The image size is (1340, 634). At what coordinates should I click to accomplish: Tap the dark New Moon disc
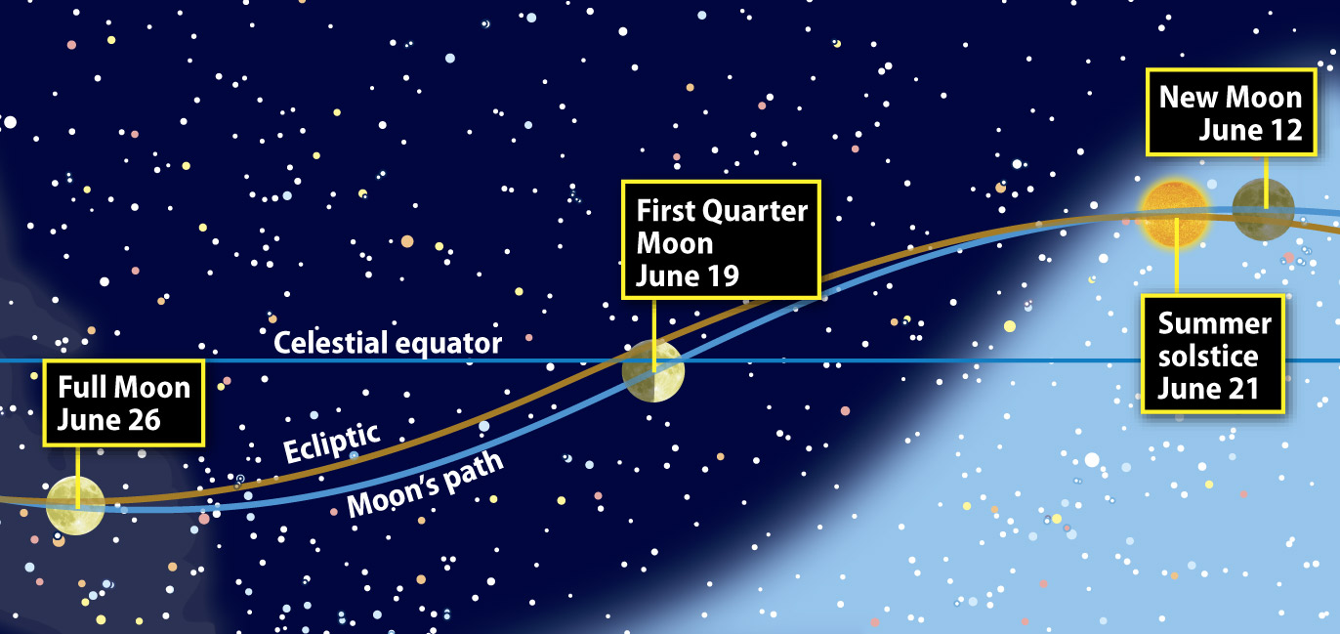1264,209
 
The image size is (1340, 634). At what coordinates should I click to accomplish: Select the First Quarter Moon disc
653,371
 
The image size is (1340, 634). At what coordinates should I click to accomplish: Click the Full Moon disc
75,505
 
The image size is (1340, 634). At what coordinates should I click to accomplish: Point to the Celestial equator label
388,343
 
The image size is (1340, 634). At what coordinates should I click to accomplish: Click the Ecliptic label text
331,443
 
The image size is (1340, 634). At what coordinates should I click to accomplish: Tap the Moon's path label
425,485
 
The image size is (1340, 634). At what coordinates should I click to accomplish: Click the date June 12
1250,130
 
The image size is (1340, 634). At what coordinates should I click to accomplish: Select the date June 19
688,276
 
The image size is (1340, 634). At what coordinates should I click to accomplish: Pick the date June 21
1208,389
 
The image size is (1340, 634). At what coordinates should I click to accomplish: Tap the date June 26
108,420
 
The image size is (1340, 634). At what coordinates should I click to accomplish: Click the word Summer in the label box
1214,323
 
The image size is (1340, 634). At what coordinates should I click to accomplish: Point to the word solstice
1208,357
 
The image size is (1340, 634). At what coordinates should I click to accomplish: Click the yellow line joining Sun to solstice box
1177,255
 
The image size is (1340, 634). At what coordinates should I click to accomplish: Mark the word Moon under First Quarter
674,244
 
